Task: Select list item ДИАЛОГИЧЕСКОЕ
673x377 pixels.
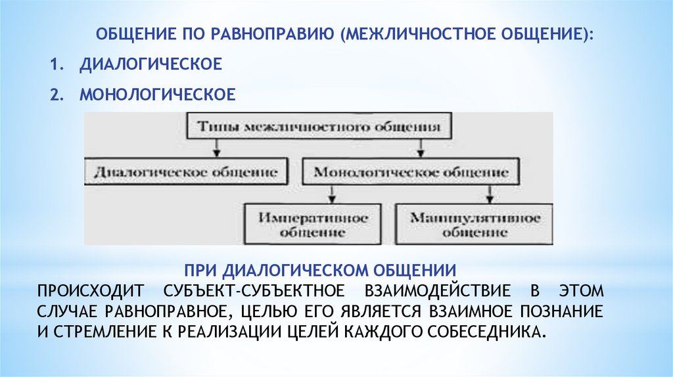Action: pos(150,65)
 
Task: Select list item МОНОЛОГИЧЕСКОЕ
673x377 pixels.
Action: pos(157,95)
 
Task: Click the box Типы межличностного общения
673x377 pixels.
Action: pos(319,127)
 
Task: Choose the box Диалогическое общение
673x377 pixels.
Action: pos(186,172)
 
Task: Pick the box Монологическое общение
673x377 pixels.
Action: pos(411,172)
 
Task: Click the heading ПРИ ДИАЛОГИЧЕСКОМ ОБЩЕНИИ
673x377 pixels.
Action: pos(320,270)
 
